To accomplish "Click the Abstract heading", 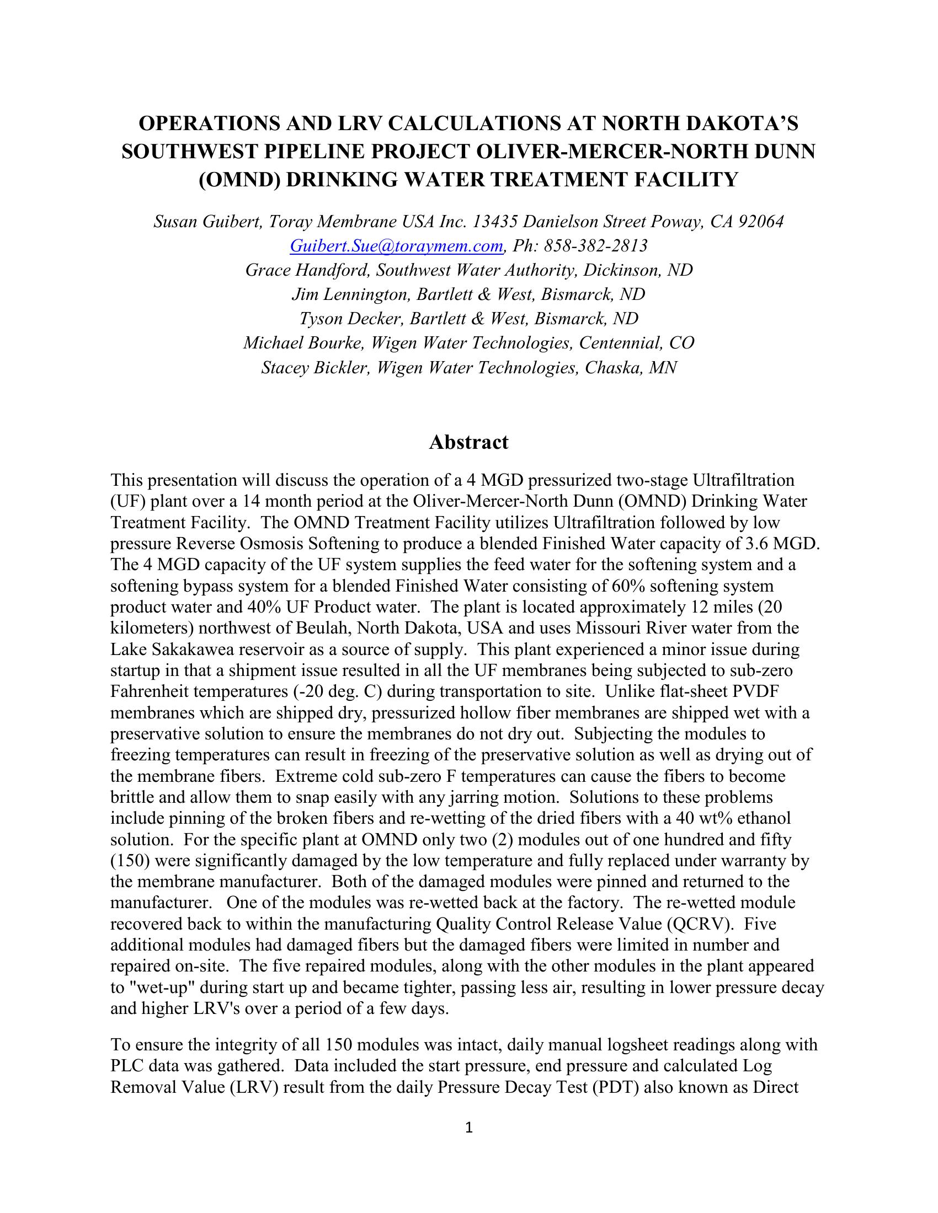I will click(468, 442).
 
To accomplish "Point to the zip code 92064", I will click(761, 222).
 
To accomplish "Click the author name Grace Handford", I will click(307, 270).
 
